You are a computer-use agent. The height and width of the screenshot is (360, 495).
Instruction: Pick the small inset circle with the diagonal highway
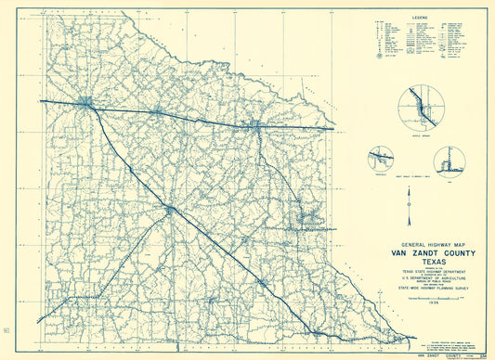pyautogui.click(x=381, y=159)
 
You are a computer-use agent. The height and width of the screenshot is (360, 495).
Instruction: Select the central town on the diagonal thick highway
pyautogui.click(x=170, y=210)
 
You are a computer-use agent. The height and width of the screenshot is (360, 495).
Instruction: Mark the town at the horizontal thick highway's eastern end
pyautogui.click(x=256, y=123)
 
